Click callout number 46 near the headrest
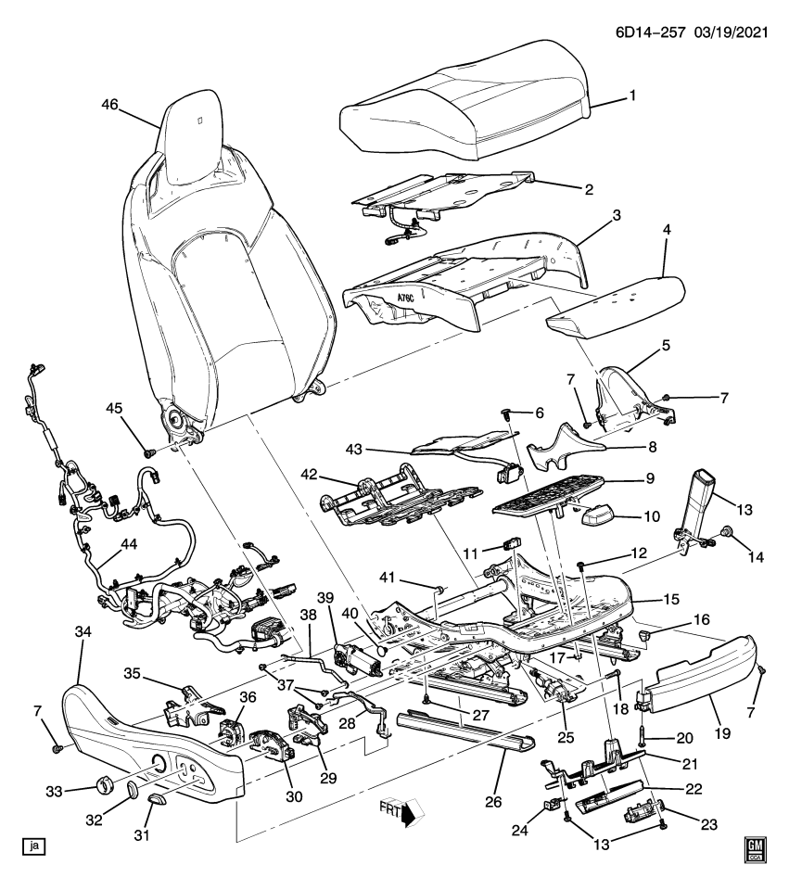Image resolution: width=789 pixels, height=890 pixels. (109, 107)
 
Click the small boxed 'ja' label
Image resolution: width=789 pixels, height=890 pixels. (34, 845)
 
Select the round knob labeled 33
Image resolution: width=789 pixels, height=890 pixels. (104, 786)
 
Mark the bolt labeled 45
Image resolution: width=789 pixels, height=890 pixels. (147, 452)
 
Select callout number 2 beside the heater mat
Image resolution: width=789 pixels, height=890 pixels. (588, 189)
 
